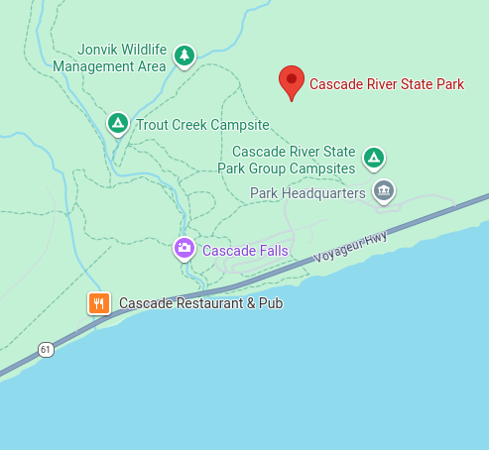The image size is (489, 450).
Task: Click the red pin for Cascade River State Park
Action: click(x=291, y=80)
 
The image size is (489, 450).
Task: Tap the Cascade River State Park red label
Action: click(x=387, y=84)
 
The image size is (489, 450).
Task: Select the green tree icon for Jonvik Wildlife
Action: click(x=183, y=56)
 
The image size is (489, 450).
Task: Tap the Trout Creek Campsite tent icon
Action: click(x=117, y=124)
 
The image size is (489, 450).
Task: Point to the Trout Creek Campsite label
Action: click(x=202, y=125)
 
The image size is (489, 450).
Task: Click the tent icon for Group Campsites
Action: click(x=374, y=157)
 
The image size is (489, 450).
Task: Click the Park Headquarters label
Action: click(x=309, y=193)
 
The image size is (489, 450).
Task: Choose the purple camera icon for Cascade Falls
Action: click(x=183, y=249)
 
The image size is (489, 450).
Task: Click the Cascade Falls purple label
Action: click(x=245, y=251)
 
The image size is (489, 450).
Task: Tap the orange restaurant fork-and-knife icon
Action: click(x=98, y=303)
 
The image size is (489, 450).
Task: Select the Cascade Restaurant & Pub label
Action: click(x=201, y=303)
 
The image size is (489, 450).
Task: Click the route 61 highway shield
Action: click(x=46, y=350)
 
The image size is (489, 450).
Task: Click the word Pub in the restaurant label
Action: click(x=271, y=303)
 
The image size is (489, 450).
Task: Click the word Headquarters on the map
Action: click(x=323, y=193)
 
